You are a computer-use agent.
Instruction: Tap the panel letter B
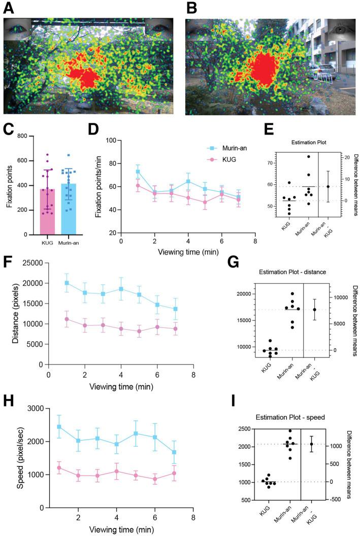click(x=191, y=8)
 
